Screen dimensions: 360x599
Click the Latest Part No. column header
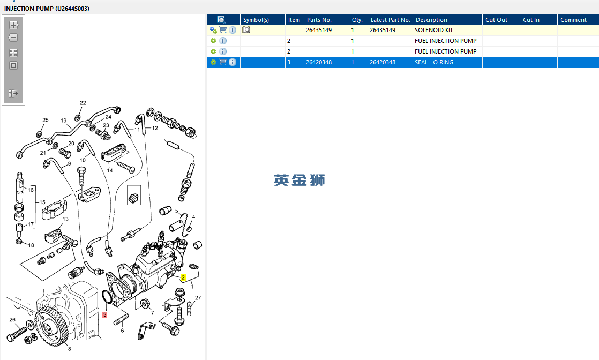390,20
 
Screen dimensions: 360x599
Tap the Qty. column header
357,20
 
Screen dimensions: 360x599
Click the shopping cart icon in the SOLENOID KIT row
223,31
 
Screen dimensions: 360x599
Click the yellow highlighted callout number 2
183,277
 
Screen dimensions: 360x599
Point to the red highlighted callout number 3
105,315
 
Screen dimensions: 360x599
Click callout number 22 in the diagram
83,103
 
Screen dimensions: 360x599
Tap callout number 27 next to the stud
198,298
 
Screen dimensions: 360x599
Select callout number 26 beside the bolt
12,320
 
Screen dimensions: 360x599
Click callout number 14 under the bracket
110,170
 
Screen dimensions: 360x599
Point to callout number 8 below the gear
69,349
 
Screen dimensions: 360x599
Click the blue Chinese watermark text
299,180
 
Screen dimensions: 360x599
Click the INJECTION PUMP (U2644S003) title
47,9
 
